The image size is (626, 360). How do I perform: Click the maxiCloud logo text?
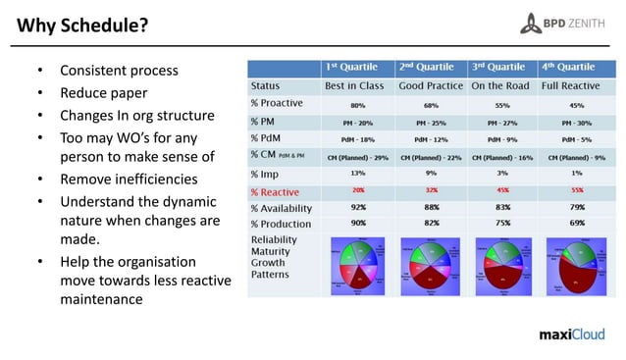point(574,333)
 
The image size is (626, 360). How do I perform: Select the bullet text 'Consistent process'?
point(119,71)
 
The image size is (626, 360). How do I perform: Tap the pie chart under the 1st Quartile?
point(357,263)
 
